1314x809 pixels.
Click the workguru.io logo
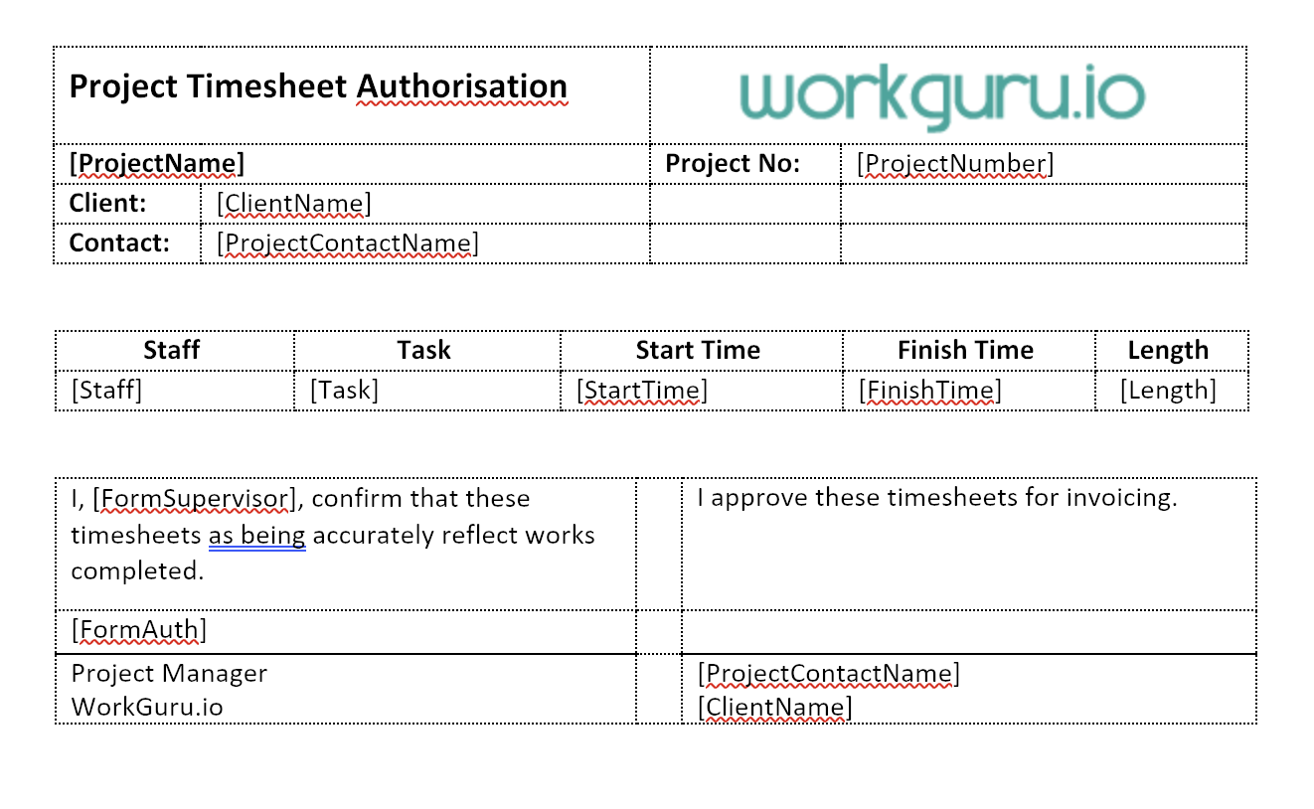coord(942,96)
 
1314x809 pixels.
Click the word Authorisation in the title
coord(461,86)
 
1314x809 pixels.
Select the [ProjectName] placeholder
coord(157,164)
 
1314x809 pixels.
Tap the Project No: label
coord(733,163)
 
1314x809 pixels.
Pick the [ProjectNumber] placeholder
coord(955,164)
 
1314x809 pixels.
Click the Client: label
coord(107,203)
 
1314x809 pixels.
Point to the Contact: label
coord(119,243)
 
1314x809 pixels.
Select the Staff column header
coord(171,350)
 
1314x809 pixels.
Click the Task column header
coord(423,350)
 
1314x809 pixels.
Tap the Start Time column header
coord(698,350)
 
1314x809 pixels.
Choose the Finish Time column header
coord(965,350)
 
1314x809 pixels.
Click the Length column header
coord(1168,351)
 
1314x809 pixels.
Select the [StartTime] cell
coord(642,391)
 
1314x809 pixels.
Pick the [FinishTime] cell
coord(929,391)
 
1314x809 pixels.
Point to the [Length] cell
coord(1168,391)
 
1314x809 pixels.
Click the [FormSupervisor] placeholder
coord(194,499)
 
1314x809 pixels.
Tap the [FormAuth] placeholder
coord(139,630)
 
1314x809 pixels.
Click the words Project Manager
coord(169,674)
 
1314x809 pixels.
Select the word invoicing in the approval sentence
coord(1121,498)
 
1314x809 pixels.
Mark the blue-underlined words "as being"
coord(256,536)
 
